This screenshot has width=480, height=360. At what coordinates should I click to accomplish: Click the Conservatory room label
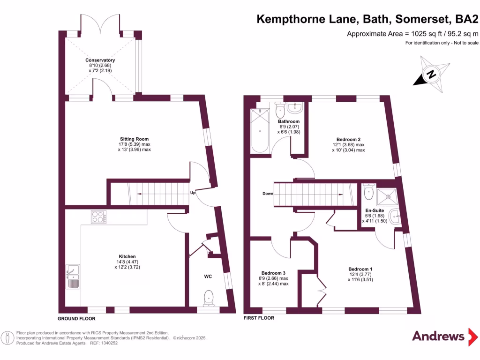click(100, 60)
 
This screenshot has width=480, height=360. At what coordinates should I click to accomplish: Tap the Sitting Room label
click(134, 139)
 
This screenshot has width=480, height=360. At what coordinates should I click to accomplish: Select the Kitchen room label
click(127, 256)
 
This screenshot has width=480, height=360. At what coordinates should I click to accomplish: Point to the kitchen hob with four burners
click(98, 217)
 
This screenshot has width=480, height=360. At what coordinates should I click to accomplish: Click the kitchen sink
click(74, 276)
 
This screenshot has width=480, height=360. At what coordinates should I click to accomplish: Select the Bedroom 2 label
click(348, 139)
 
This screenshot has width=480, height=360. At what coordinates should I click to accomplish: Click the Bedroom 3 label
click(273, 273)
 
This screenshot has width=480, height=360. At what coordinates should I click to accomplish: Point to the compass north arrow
click(431, 74)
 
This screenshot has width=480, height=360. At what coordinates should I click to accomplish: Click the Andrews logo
click(438, 336)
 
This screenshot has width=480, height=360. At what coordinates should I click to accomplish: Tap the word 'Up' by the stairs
click(193, 193)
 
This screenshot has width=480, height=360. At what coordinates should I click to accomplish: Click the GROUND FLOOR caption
click(76, 318)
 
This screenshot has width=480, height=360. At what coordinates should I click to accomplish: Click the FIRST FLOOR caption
click(259, 318)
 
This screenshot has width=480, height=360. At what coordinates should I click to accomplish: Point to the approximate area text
click(412, 34)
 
